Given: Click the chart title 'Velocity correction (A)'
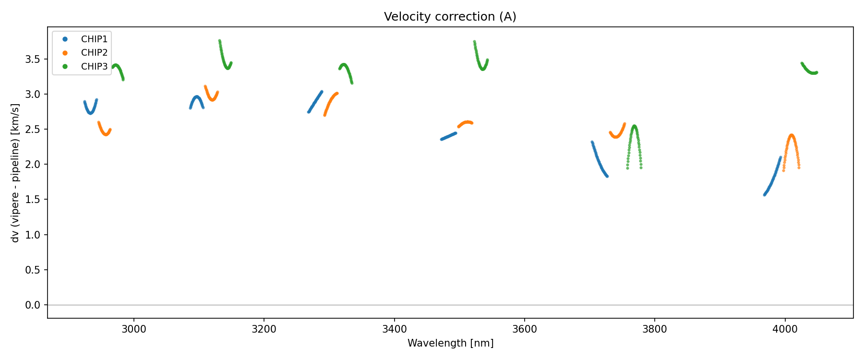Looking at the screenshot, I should (x=450, y=17).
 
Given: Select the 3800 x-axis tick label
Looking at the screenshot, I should (x=655, y=329).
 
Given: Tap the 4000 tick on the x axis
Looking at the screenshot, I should (x=785, y=329).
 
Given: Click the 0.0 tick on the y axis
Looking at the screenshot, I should (x=33, y=305).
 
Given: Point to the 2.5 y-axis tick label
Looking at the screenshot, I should (x=33, y=130).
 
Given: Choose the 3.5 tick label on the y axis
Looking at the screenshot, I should (x=33, y=60).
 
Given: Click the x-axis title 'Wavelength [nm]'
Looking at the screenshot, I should (x=450, y=343).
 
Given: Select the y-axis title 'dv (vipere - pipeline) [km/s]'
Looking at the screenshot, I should (x=15, y=173).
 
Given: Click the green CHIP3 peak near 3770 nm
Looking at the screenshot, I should (x=635, y=127).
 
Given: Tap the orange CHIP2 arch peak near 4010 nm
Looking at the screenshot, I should (x=792, y=136).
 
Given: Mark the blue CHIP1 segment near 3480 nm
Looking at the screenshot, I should (x=448, y=136).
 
